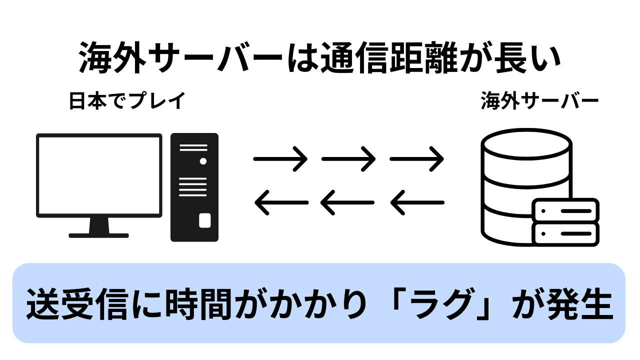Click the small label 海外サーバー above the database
[539, 101]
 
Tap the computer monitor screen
[99, 175]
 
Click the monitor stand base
[99, 234]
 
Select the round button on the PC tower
[203, 161]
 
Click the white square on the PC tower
[204, 220]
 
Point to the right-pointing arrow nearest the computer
[280, 159]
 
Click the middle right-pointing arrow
[348, 159]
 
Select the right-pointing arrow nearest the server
[416, 159]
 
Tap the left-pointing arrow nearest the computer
[281, 202]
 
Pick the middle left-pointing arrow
[347, 202]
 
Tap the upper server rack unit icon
[565, 210]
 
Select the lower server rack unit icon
[565, 233]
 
